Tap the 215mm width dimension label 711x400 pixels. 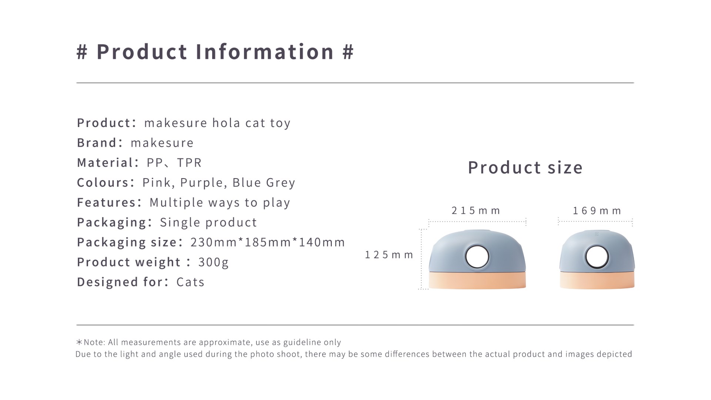(x=476, y=211)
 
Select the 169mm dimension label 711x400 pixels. (x=597, y=211)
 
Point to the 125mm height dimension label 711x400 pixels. (x=389, y=255)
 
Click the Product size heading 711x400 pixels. (x=525, y=167)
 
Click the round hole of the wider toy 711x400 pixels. (x=477, y=257)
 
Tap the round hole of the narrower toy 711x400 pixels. (x=597, y=257)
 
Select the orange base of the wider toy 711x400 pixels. (x=477, y=280)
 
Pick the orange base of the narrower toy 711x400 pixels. (x=597, y=280)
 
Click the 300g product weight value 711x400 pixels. (x=214, y=262)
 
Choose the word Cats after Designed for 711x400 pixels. (x=190, y=282)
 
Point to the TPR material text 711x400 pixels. (x=189, y=163)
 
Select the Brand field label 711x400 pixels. (x=97, y=143)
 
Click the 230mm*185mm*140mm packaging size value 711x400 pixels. (x=268, y=242)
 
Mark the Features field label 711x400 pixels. (x=107, y=203)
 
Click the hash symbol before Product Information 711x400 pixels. (x=82, y=52)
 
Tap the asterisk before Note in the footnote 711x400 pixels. (x=79, y=342)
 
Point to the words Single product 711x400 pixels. (x=208, y=223)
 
